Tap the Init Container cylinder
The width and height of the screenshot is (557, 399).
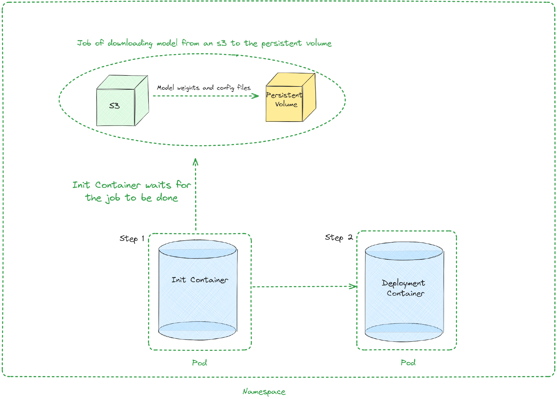point(198,290)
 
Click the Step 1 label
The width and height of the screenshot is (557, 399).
point(132,239)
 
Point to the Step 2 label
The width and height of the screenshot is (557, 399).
point(339,238)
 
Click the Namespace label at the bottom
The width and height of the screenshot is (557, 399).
point(264,392)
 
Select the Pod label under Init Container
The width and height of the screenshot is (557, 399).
point(200,363)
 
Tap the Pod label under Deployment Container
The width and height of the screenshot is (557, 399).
point(408,362)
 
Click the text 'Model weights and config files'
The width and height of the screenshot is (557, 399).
point(204,88)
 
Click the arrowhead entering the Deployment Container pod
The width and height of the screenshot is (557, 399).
point(354,286)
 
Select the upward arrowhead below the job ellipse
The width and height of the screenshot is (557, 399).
point(196,161)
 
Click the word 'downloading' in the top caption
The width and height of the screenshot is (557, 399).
point(130,44)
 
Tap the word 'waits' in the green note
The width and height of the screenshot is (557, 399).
point(158,185)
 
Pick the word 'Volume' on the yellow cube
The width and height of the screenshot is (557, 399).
point(286,104)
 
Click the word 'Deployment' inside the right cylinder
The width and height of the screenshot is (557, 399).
point(403,283)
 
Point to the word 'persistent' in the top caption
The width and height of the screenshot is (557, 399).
point(281,44)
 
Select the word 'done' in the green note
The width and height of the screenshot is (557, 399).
point(167,198)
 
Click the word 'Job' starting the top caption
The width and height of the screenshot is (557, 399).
point(84,43)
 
